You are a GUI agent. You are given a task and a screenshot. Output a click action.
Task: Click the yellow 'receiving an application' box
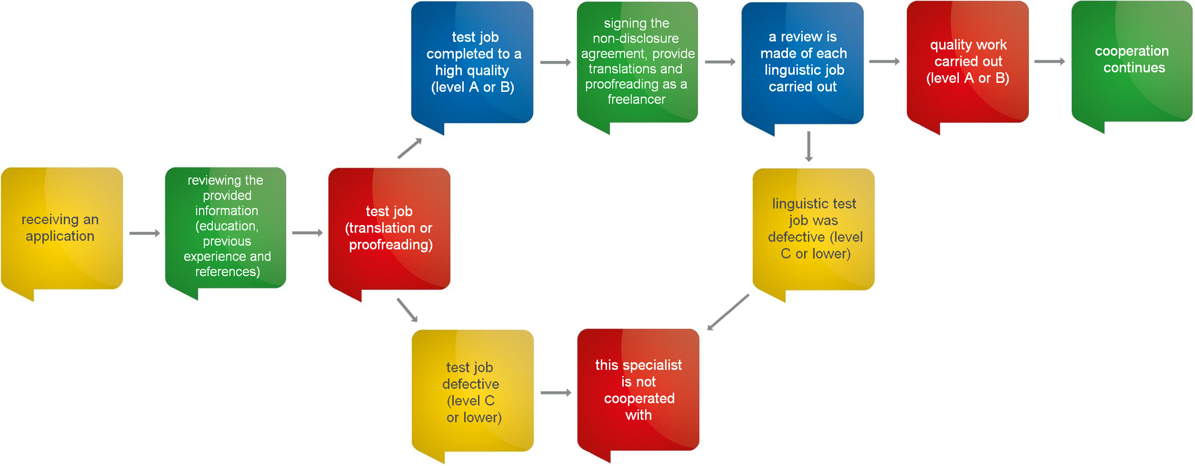(x=62, y=228)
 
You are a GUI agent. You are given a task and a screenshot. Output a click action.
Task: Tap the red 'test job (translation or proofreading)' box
(x=389, y=228)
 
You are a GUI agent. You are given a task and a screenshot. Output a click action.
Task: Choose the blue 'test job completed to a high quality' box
(x=472, y=62)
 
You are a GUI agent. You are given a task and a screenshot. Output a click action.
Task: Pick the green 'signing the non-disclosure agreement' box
(x=637, y=62)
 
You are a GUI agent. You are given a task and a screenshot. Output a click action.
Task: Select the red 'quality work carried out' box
(x=968, y=62)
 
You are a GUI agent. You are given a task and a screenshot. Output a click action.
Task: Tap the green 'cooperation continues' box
(x=1132, y=61)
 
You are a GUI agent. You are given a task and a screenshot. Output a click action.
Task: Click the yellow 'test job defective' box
(x=473, y=391)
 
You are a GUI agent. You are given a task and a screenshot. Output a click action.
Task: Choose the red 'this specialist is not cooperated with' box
(x=638, y=390)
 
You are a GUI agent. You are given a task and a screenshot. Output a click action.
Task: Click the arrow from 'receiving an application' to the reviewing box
(x=145, y=233)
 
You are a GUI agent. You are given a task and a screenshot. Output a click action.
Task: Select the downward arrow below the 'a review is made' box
(x=809, y=147)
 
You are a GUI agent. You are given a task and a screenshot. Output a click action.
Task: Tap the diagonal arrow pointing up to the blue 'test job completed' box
(x=410, y=148)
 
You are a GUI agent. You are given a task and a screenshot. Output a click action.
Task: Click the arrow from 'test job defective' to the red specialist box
(x=556, y=393)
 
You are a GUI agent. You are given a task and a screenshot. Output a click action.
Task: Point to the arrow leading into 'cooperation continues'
(x=1050, y=61)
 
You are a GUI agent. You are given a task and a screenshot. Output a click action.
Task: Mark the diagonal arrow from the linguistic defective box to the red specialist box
(x=728, y=312)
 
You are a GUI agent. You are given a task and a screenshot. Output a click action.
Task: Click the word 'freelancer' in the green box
(x=637, y=99)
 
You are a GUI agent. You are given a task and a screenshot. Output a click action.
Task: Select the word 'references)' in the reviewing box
(x=228, y=272)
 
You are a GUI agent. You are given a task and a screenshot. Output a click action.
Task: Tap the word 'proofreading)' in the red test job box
(x=391, y=245)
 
